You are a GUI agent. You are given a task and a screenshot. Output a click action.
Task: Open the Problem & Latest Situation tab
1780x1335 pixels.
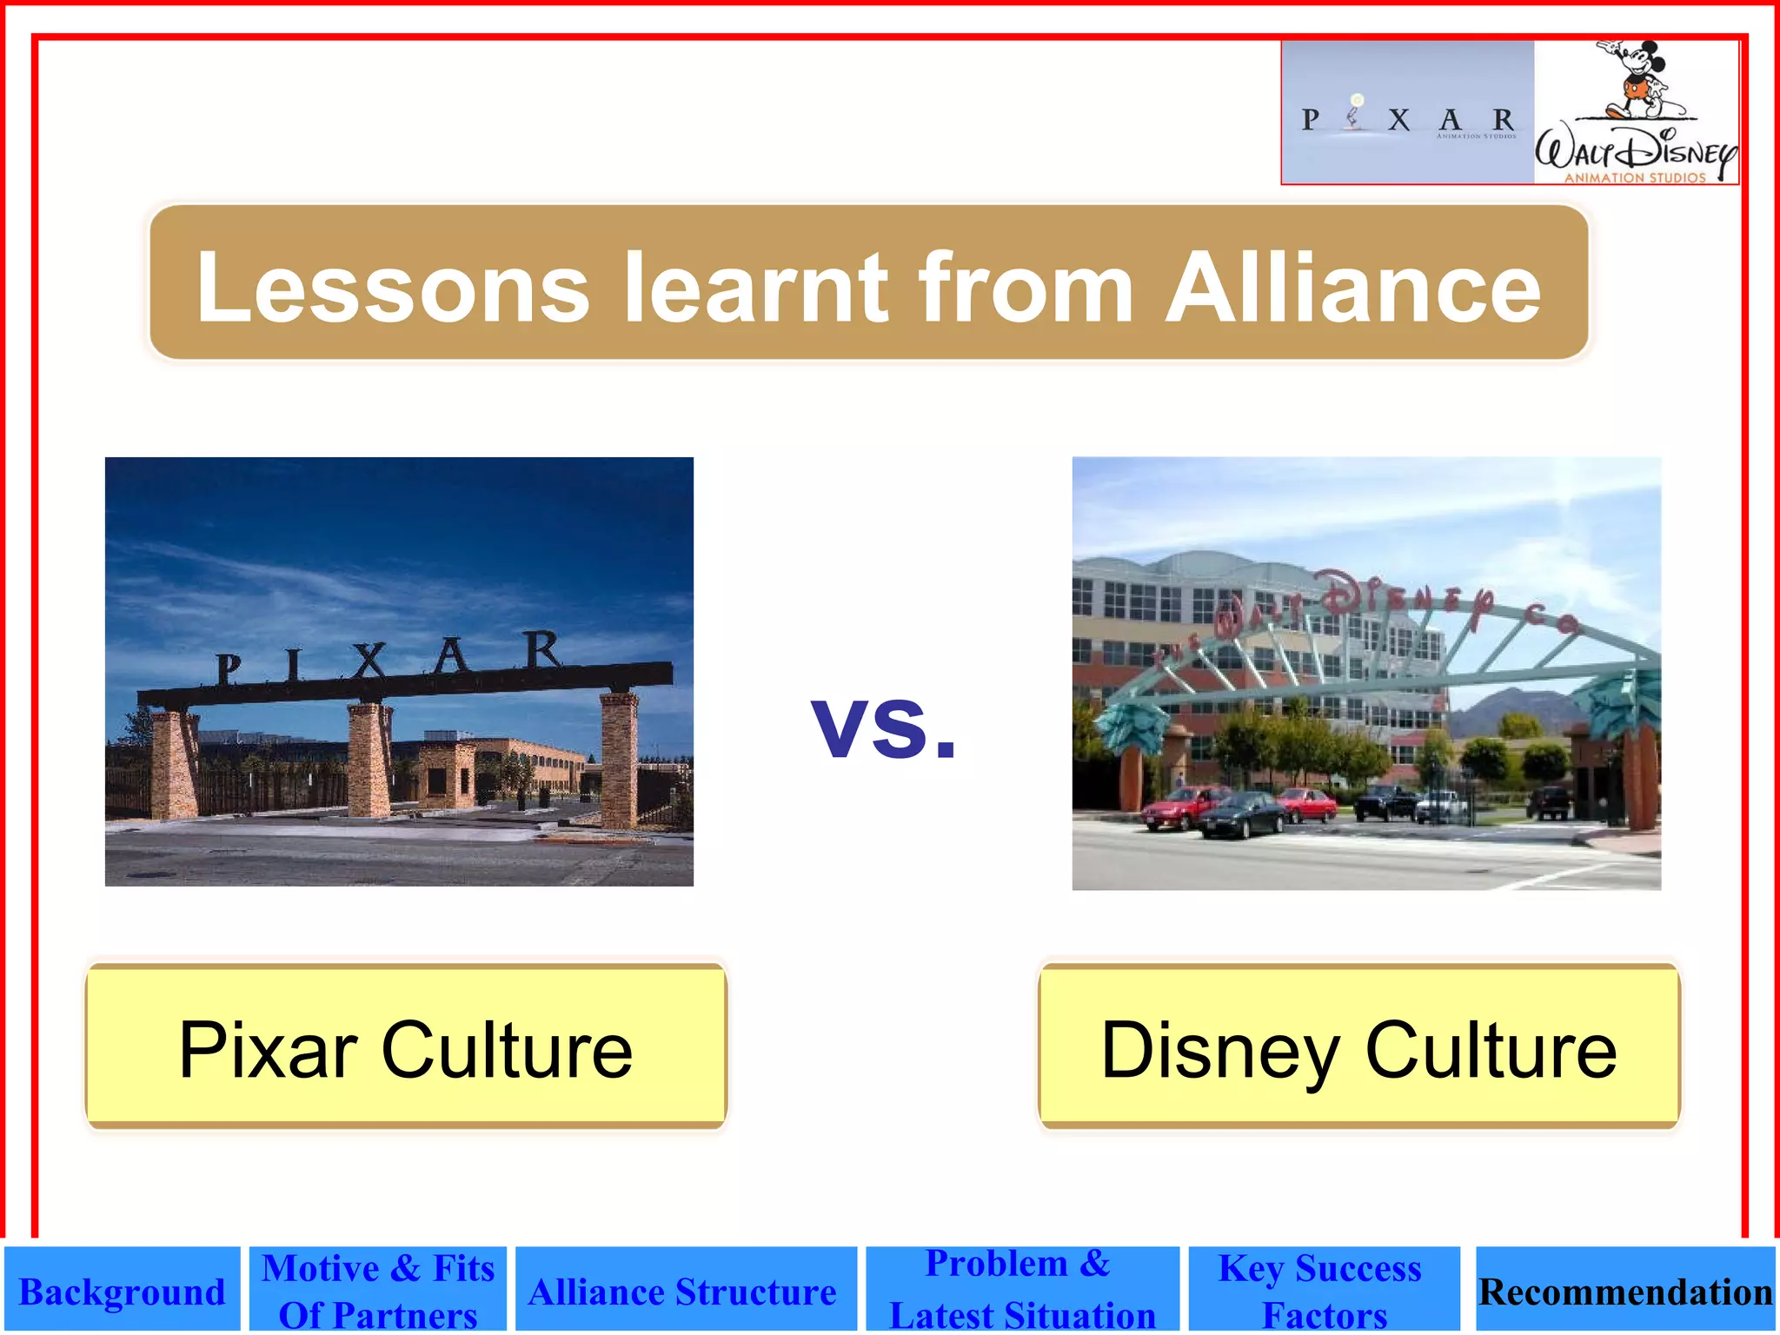pos(1021,1290)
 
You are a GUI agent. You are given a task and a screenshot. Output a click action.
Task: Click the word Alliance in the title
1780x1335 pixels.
pos(1352,287)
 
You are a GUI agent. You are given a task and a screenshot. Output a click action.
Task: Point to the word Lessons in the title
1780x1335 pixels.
pos(393,289)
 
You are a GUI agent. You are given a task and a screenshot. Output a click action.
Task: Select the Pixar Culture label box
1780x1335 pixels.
pos(406,1046)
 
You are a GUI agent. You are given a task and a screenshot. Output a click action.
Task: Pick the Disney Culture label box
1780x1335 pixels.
pos(1358,1048)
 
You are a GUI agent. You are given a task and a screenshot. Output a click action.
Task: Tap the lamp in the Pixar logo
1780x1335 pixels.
pos(1354,113)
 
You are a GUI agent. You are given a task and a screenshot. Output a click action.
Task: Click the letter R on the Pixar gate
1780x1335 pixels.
pos(543,650)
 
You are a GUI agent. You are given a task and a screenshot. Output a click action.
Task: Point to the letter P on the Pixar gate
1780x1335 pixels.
pos(228,670)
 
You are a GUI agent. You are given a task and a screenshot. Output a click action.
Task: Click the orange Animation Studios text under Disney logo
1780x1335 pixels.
pos(1635,177)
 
